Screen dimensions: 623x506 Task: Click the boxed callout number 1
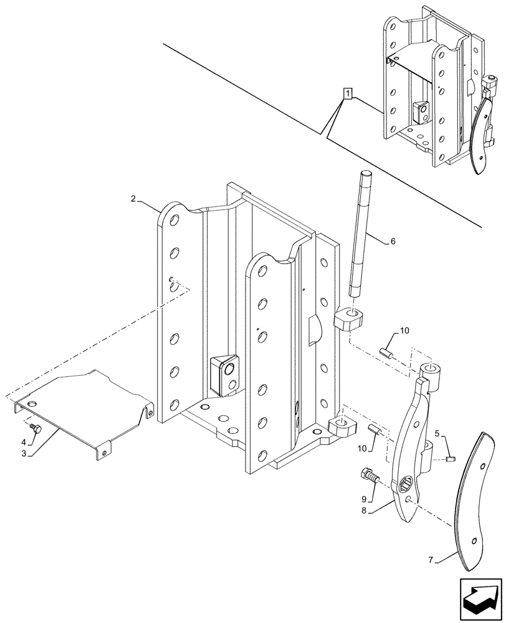[347, 94]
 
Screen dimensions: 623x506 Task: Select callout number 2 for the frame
[133, 199]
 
